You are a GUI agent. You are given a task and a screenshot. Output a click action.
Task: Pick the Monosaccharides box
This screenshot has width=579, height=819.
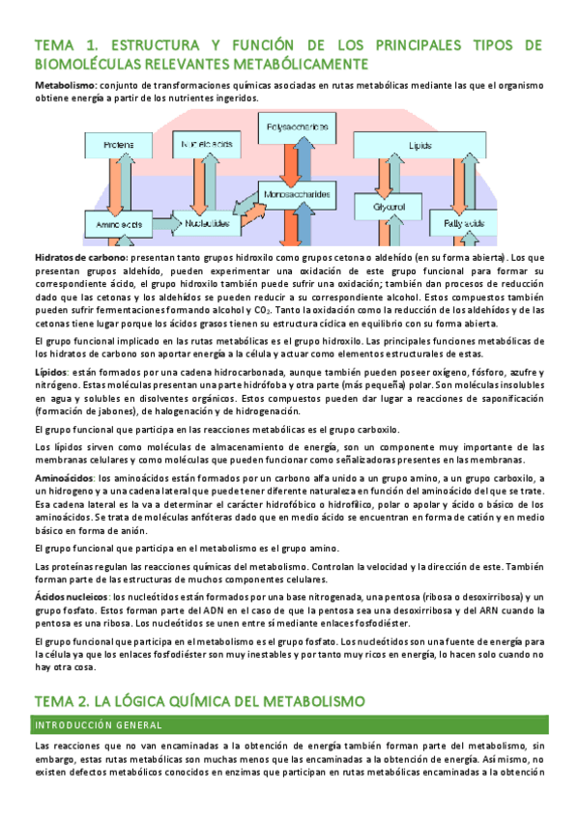tap(296, 194)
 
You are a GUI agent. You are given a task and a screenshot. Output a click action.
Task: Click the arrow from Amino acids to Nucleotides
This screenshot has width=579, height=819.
tap(161, 224)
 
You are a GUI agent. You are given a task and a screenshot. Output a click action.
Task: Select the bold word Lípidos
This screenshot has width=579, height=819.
tap(51, 371)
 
